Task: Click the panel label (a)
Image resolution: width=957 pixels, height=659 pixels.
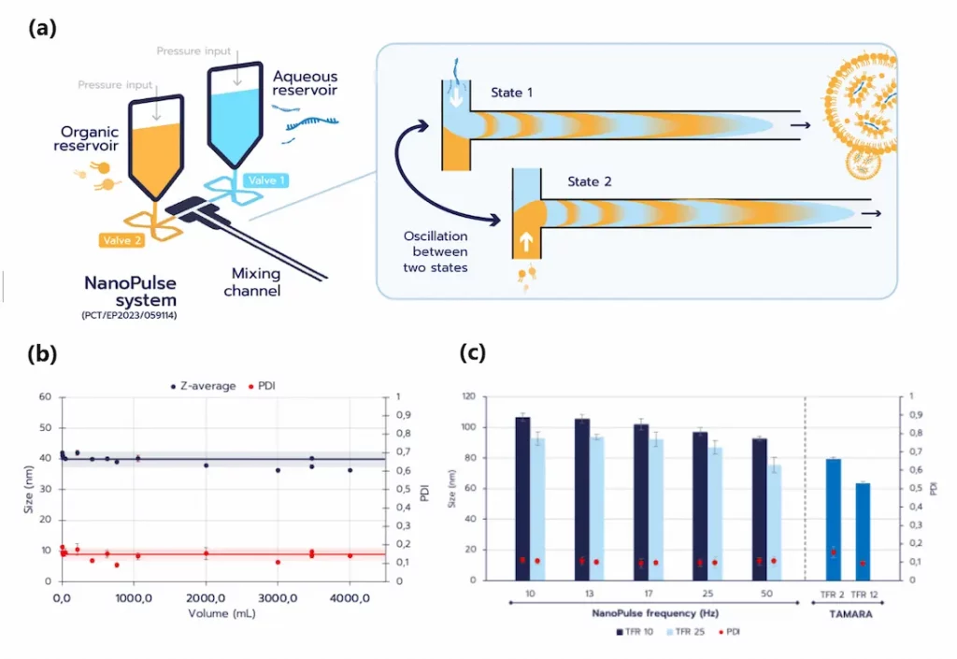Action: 43,28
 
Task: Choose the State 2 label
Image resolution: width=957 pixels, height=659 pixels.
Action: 589,181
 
